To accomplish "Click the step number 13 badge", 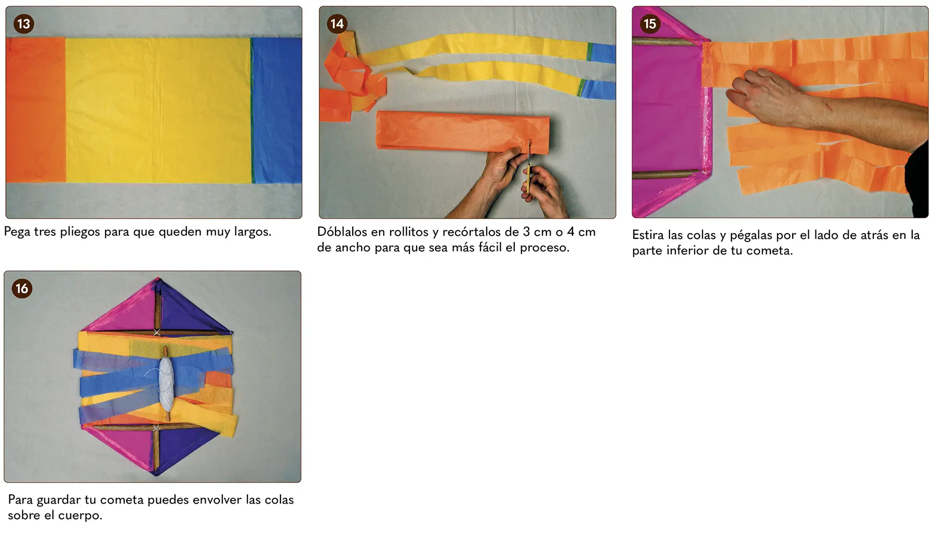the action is tap(23, 24).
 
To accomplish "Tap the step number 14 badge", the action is tap(337, 24).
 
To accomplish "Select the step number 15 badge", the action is tap(650, 24).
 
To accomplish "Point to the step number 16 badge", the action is tap(22, 289).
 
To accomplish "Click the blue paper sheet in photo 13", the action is tap(276, 111).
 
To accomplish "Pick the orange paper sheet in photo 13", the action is tap(36, 110).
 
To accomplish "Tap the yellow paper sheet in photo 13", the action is tap(158, 110).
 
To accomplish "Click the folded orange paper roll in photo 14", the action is tap(462, 132).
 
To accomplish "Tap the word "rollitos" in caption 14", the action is tap(409, 232).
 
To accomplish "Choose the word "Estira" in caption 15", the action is tap(648, 235).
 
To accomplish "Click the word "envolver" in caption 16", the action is tap(217, 500).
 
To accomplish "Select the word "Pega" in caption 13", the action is tap(17, 232).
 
